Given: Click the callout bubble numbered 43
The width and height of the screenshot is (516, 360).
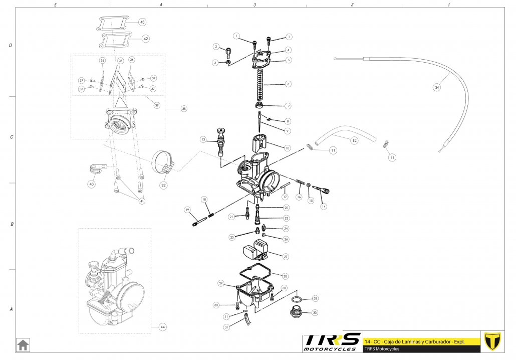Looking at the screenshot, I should point(142,23).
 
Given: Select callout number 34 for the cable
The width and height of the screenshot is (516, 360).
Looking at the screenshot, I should point(437,87).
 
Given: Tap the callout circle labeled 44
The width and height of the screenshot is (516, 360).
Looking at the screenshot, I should point(162,327).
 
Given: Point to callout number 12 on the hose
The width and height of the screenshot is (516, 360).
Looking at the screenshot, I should point(354,141).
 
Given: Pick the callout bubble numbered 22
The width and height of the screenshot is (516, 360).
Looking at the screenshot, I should point(163,185).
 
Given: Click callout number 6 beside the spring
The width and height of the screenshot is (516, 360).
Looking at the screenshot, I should point(288,84).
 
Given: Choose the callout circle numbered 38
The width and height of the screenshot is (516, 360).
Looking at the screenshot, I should point(184,108).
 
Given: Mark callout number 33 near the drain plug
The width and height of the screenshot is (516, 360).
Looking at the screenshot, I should point(315,312).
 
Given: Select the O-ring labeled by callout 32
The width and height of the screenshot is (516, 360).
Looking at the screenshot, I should point(296,299).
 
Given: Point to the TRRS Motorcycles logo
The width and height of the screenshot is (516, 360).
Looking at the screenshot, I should point(332,342).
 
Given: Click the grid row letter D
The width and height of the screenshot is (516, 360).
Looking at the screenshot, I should point(11,46).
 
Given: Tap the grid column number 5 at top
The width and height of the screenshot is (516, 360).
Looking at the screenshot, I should point(55,5).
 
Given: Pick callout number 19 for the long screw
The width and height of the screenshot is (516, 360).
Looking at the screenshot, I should point(187,210).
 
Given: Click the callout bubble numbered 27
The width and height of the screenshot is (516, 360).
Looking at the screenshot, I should point(286,256).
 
